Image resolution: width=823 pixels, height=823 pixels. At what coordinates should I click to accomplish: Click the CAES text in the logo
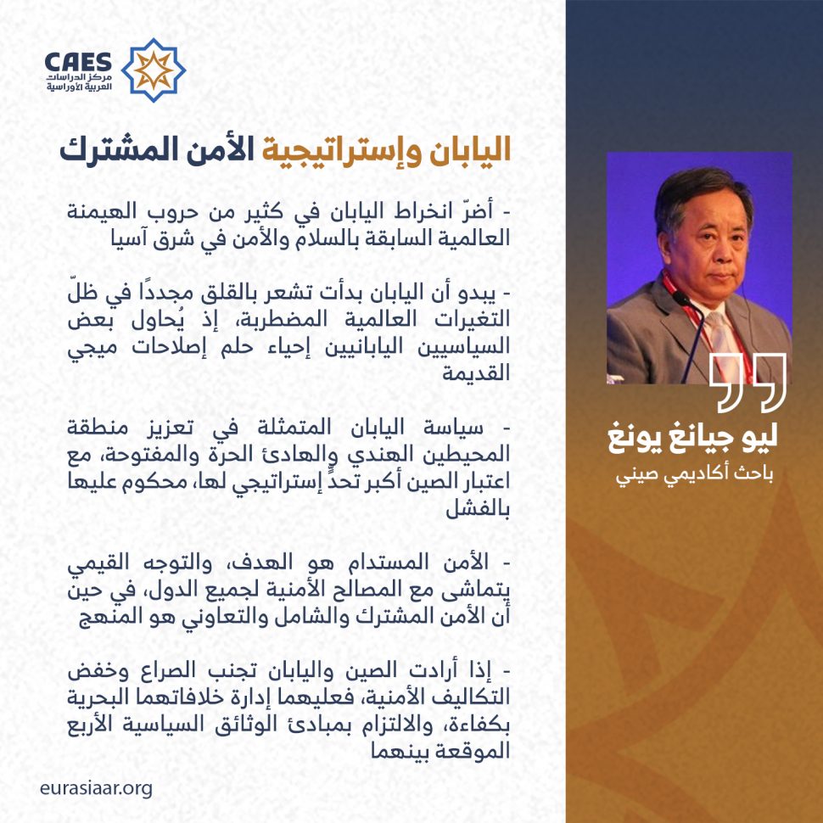pyautogui.click(x=78, y=62)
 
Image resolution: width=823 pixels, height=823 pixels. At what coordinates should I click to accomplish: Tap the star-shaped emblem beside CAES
pyautogui.click(x=154, y=70)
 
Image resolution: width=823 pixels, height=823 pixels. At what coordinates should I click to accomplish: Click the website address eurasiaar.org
pyautogui.click(x=96, y=789)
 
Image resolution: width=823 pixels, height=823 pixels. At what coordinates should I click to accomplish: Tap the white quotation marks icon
pyautogui.click(x=748, y=382)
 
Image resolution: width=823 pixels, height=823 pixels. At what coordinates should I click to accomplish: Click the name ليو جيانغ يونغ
pyautogui.click(x=693, y=439)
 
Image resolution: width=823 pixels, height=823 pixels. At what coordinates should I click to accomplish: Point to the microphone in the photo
pyautogui.click(x=691, y=336)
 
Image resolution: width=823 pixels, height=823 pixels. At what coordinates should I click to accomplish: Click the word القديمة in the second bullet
pyautogui.click(x=476, y=373)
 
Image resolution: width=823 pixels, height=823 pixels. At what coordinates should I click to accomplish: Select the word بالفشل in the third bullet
pyautogui.click(x=478, y=510)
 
